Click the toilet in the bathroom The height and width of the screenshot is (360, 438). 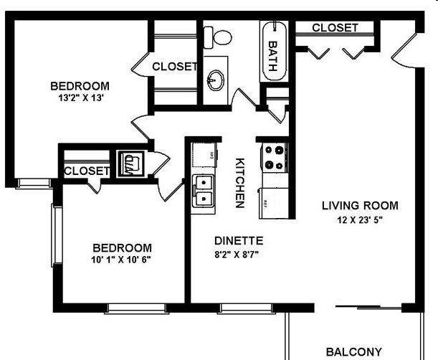tap(217, 37)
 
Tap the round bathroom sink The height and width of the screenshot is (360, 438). tap(215, 80)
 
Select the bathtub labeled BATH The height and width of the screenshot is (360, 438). tap(274, 51)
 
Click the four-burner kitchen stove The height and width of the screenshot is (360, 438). tap(274, 157)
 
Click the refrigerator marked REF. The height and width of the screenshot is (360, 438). tap(274, 203)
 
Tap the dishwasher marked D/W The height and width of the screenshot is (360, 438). tap(204, 155)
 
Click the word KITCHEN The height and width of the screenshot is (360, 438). tap(240, 183)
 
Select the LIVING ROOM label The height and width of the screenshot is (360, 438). tap(360, 206)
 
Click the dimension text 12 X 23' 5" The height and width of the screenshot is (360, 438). tap(360, 220)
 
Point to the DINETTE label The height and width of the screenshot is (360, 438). tap(239, 241)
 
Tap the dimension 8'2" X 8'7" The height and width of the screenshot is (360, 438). tap(237, 255)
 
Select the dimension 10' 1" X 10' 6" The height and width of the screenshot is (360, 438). tap(121, 260)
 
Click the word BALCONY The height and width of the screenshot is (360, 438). tap(354, 351)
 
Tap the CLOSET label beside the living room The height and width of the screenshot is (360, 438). tap(335, 28)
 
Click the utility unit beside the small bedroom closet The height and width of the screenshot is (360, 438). tap(131, 164)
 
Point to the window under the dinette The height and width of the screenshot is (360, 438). tap(246, 308)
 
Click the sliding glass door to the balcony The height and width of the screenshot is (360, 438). tap(368, 308)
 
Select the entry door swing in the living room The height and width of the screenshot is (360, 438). tap(404, 52)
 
